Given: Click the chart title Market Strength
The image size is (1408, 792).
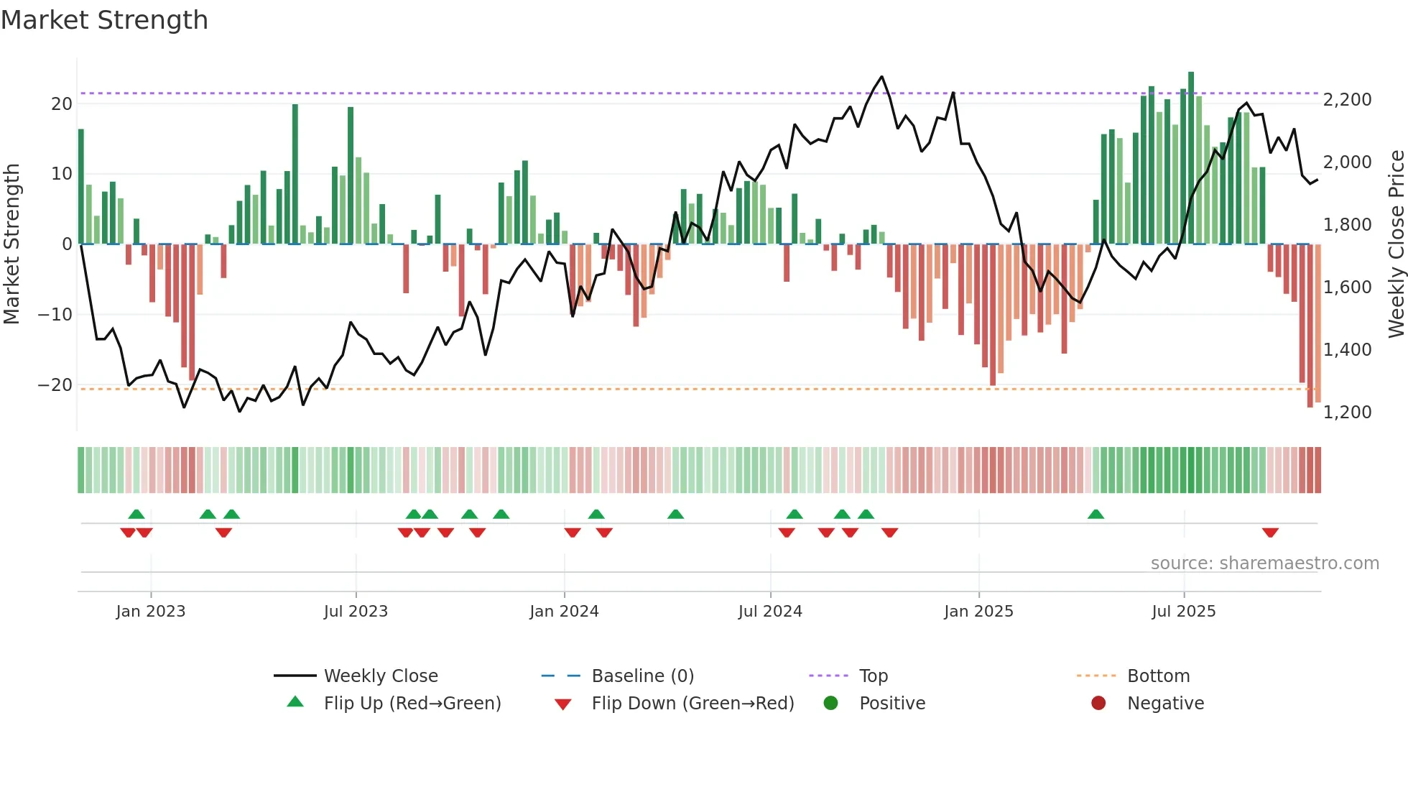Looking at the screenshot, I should (x=105, y=20).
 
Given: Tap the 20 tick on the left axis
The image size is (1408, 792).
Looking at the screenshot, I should (x=62, y=103).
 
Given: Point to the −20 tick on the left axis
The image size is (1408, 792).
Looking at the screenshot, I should (x=56, y=385).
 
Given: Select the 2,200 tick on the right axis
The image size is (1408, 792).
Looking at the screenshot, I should (x=1347, y=100).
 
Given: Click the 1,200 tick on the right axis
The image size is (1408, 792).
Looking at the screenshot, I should (x=1347, y=413).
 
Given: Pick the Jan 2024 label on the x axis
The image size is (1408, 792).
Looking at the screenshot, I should (x=564, y=612).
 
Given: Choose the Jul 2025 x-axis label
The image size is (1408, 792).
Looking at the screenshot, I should (x=1183, y=612).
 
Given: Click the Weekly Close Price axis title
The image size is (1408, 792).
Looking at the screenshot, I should (x=1396, y=244).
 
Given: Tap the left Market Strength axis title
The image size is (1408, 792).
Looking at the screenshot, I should (x=12, y=244).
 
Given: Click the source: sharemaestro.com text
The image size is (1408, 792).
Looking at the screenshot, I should (x=1264, y=563).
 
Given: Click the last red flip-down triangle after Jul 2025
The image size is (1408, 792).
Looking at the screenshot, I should (x=1270, y=533).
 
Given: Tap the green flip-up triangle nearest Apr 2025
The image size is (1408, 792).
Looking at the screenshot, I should (x=1096, y=515).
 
